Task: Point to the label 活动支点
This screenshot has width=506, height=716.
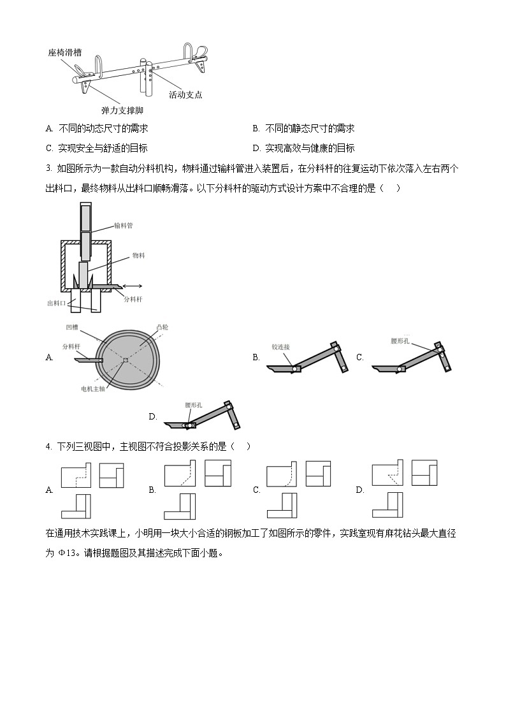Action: pos(185,94)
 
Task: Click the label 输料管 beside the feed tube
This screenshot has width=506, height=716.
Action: pos(124,225)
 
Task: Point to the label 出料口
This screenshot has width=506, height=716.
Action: pos(57,303)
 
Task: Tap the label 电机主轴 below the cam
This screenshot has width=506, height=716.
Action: pos(93,388)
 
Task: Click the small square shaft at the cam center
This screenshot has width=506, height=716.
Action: pos(126,360)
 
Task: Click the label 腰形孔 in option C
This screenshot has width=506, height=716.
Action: pos(402,340)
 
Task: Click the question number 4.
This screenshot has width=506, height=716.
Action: pos(49,446)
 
